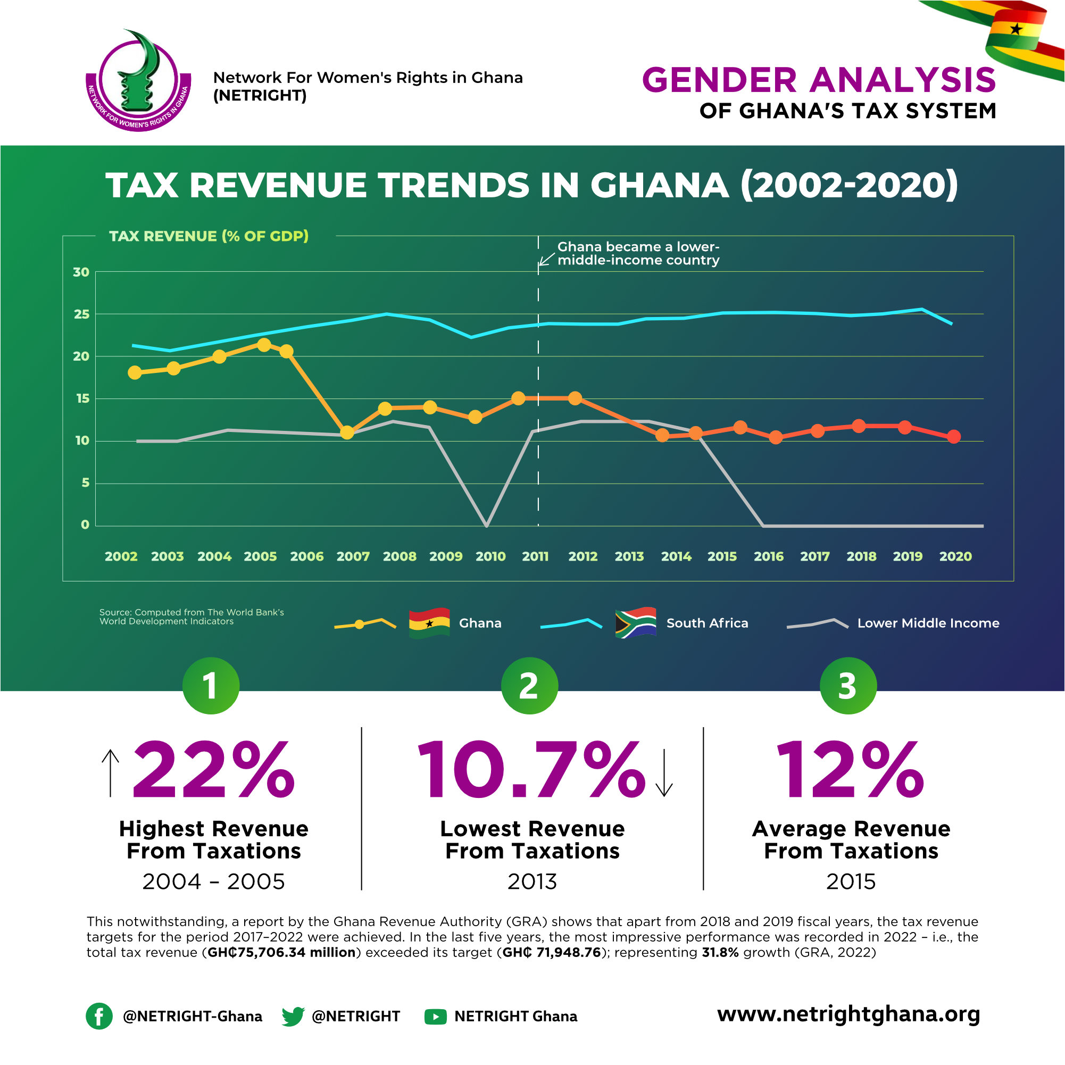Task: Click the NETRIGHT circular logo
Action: coord(138,81)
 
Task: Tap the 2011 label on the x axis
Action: coord(535,556)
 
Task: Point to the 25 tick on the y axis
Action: coord(81,314)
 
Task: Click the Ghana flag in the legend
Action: coord(429,623)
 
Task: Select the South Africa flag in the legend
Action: coord(636,623)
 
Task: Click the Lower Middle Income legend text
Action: coord(928,623)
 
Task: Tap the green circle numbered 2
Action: coord(529,686)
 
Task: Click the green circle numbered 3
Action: coord(848,686)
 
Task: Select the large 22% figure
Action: coord(214,770)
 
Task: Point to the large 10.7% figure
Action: coord(530,770)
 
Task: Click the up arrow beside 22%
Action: coord(110,773)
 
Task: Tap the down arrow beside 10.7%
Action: coord(664,773)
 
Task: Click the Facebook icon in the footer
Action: coord(99,1016)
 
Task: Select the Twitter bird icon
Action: coord(293,1016)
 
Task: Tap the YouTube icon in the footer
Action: coord(436,1017)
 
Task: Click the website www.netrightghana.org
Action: coord(848,1014)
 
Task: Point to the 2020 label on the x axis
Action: coord(955,556)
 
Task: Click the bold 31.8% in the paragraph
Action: coord(719,953)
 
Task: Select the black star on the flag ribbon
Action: coord(1016,29)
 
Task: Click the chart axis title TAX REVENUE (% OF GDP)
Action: coord(209,236)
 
